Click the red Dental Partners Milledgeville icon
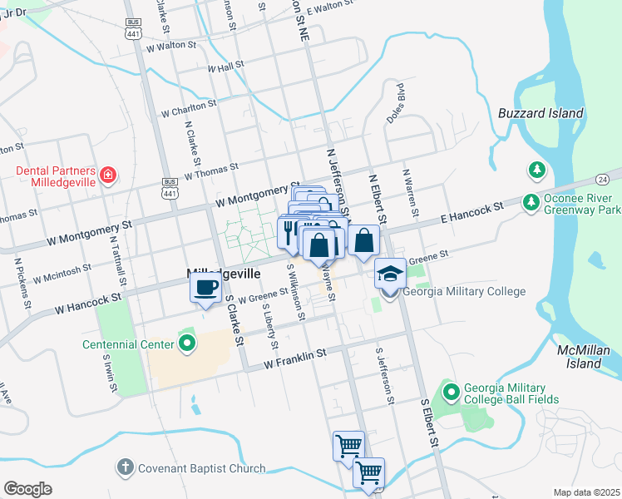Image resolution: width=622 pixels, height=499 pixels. [108, 175]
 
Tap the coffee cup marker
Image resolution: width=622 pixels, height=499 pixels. [205, 288]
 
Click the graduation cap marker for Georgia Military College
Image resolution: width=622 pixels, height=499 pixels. [389, 274]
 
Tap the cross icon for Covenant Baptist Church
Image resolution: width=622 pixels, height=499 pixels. [125, 468]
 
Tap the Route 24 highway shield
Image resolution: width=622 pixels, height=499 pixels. [603, 179]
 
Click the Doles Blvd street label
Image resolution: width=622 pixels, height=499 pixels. [394, 104]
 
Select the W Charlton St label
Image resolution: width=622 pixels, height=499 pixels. [189, 109]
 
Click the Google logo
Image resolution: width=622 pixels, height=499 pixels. [27, 488]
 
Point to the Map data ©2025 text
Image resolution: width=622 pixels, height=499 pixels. [586, 492]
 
